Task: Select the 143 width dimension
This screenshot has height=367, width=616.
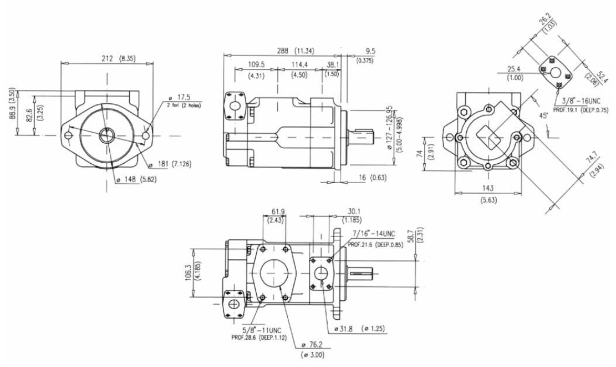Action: click(x=486, y=188)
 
